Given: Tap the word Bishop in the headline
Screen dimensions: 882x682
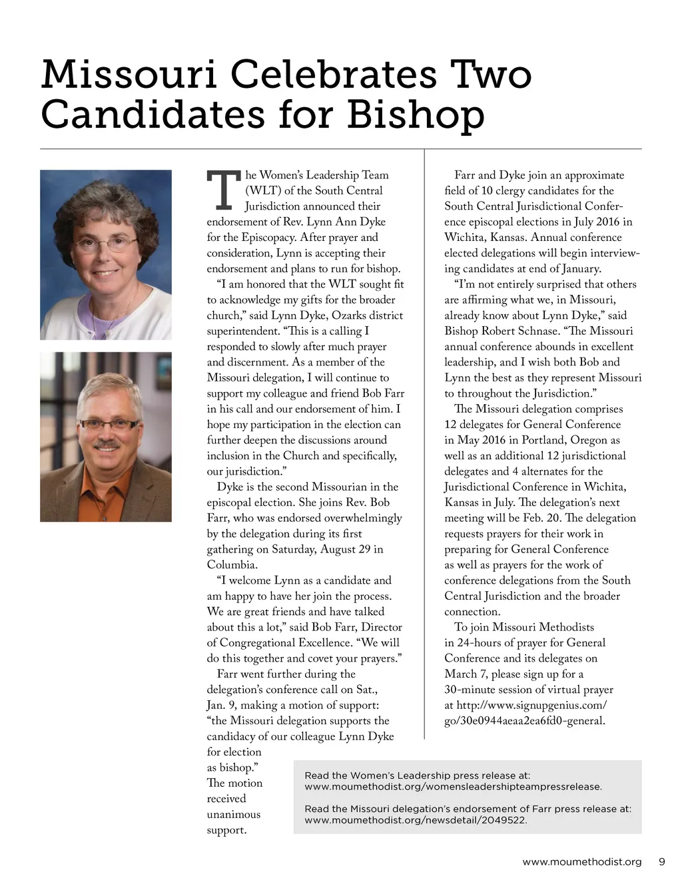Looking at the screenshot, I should pyautogui.click(x=415, y=114).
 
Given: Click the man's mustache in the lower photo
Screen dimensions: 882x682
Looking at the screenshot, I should pyautogui.click(x=107, y=443).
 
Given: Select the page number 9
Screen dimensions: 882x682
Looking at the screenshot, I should pyautogui.click(x=661, y=861).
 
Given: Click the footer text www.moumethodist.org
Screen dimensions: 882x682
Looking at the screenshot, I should pyautogui.click(x=581, y=861).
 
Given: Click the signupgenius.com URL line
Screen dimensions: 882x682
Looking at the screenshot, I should pyautogui.click(x=525, y=705).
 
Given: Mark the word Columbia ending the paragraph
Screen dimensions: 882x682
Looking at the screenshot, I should pyautogui.click(x=231, y=564).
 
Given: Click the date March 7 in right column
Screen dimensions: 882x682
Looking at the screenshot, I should pyautogui.click(x=466, y=674).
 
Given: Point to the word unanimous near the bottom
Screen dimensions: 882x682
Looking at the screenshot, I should pyautogui.click(x=234, y=814).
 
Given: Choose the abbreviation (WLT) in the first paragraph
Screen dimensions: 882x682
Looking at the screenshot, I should pyautogui.click(x=263, y=190).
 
